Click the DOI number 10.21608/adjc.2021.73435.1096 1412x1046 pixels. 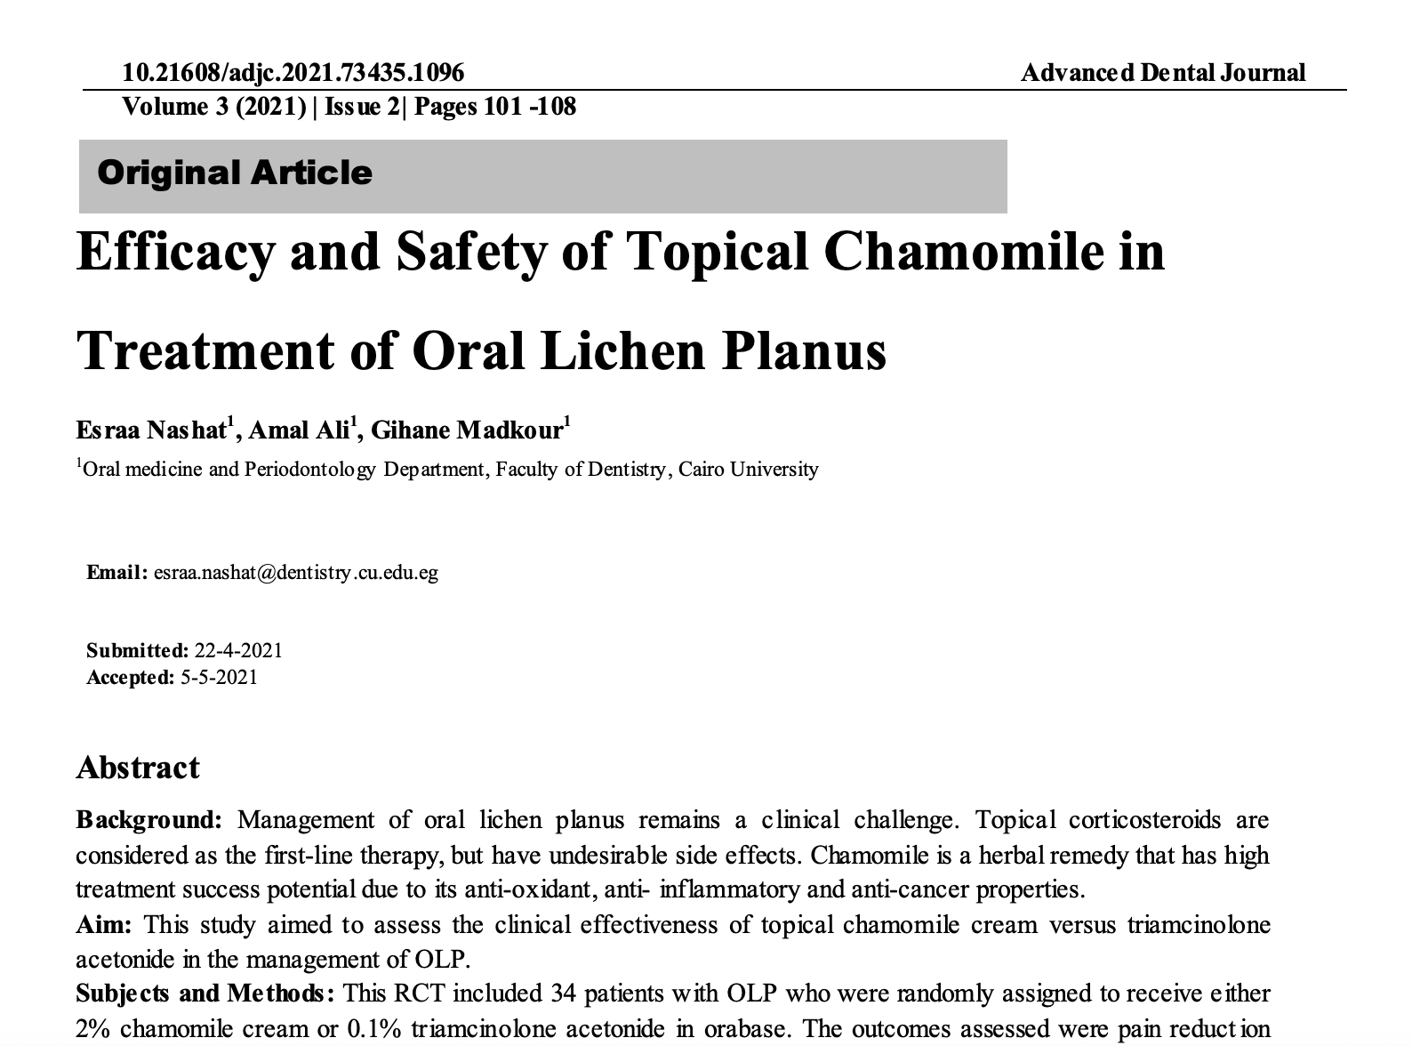[293, 72]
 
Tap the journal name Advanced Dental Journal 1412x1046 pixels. [1163, 72]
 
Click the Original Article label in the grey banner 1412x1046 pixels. [235, 173]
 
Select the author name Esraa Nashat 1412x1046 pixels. [151, 430]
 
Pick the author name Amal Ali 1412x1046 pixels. [299, 430]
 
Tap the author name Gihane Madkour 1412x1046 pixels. [467, 430]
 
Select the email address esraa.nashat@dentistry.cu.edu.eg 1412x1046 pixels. [295, 572]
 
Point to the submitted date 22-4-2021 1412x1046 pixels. [238, 650]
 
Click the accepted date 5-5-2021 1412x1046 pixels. [219, 678]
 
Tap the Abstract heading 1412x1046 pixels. [138, 768]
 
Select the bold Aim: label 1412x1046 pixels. [103, 925]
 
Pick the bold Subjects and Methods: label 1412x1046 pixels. [205, 993]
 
